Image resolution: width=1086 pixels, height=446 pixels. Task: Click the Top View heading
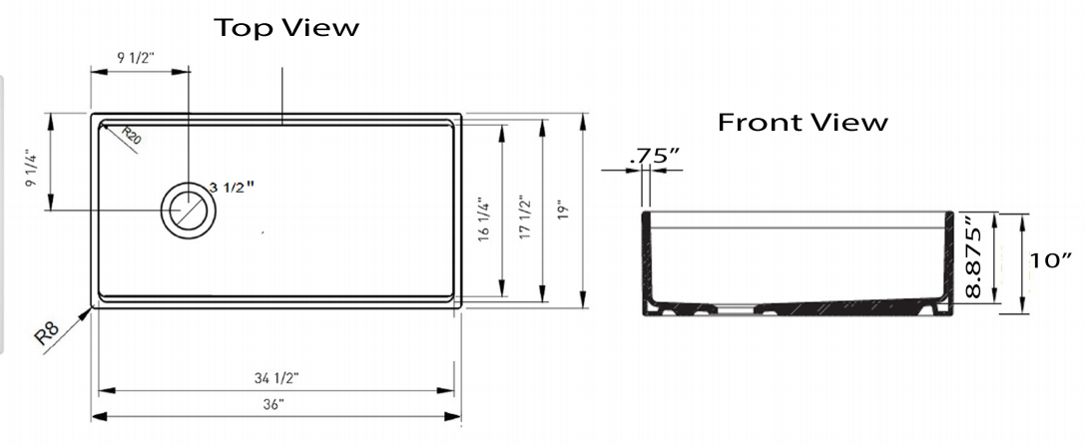(x=286, y=28)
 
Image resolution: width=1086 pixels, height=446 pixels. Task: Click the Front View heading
(x=803, y=123)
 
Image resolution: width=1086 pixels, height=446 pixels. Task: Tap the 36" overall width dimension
(x=275, y=404)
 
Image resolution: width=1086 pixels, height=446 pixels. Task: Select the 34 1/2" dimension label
(x=275, y=377)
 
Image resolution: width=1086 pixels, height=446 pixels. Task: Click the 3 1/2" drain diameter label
(x=233, y=187)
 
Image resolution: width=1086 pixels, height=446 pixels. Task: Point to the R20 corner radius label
(x=132, y=136)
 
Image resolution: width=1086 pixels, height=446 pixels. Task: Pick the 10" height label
(x=1051, y=261)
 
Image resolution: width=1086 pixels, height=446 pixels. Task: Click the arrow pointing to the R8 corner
(x=80, y=317)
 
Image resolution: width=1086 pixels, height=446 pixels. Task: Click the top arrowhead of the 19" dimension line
(x=583, y=119)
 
